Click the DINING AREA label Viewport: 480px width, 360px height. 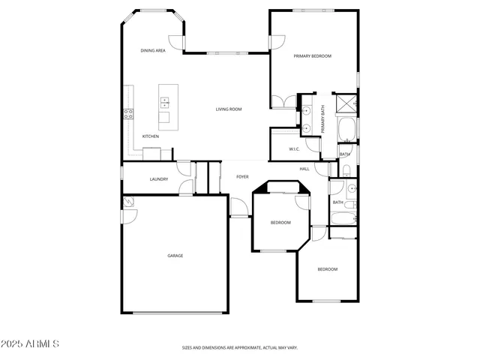153,50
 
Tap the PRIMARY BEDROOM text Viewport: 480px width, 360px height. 312,56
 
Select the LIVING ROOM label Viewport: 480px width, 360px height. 229,109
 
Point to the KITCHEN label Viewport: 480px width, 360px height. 151,136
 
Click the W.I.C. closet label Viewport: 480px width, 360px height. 295,149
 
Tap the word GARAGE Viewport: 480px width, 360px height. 175,256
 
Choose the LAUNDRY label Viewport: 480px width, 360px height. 158,179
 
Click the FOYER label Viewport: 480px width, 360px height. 242,177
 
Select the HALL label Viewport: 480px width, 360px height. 304,169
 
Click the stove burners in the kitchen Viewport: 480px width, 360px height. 128,114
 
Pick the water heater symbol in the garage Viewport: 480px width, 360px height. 127,201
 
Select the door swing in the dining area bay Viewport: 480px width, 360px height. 176,43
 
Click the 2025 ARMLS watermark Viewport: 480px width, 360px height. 31,343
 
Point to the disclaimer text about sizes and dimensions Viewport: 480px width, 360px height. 239,348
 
